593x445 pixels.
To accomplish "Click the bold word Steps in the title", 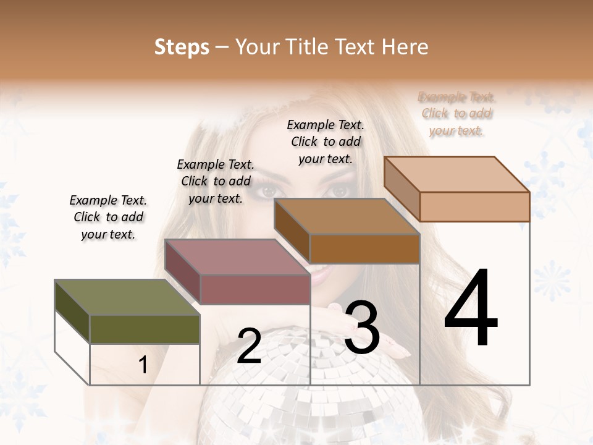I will click(x=182, y=47).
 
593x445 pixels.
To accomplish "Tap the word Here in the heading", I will click(x=405, y=47).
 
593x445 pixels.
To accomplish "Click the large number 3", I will click(x=362, y=328).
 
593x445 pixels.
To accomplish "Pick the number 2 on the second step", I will click(x=249, y=346).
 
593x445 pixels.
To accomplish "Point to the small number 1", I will click(x=143, y=365).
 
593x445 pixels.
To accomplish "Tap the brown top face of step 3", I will click(x=347, y=216).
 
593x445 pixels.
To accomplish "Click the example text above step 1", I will click(x=108, y=217).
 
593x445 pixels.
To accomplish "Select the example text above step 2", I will click(x=216, y=181).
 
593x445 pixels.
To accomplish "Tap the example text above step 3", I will click(x=326, y=142).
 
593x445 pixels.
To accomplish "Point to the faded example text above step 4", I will click(x=456, y=114).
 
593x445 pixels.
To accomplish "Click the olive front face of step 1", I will click(x=145, y=329).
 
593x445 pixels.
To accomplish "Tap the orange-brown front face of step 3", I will click(x=364, y=249).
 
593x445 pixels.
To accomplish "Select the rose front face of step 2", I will click(x=254, y=289).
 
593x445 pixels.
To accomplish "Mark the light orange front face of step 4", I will click(x=474, y=206).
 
